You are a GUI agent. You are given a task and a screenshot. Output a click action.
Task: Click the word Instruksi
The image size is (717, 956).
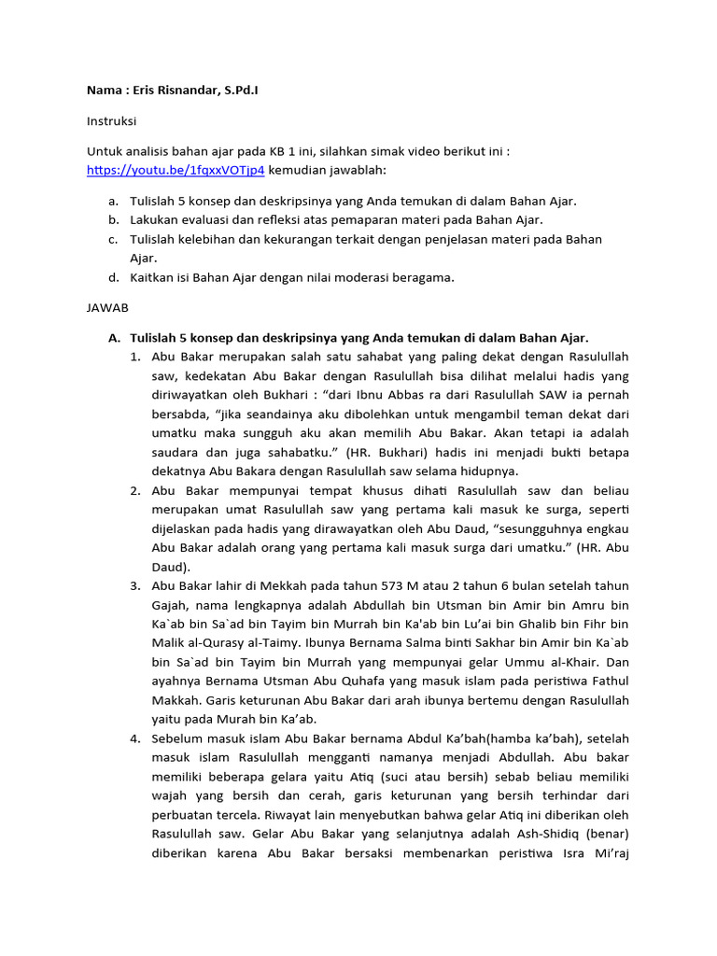click(x=113, y=121)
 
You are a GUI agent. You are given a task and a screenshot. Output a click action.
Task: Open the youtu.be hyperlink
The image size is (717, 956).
click(x=176, y=171)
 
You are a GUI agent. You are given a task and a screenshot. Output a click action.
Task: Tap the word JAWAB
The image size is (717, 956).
click(x=108, y=306)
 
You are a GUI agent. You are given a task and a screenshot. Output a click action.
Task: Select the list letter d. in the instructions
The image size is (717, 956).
click(x=113, y=277)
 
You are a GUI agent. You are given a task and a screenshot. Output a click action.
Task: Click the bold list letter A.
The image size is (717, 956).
click(x=114, y=337)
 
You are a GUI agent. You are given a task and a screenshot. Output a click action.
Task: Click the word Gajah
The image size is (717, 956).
click(x=174, y=605)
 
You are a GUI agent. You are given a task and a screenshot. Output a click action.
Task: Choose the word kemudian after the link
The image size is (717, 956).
click(x=300, y=171)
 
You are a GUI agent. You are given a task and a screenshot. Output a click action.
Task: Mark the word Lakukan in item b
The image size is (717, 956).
click(x=156, y=219)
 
